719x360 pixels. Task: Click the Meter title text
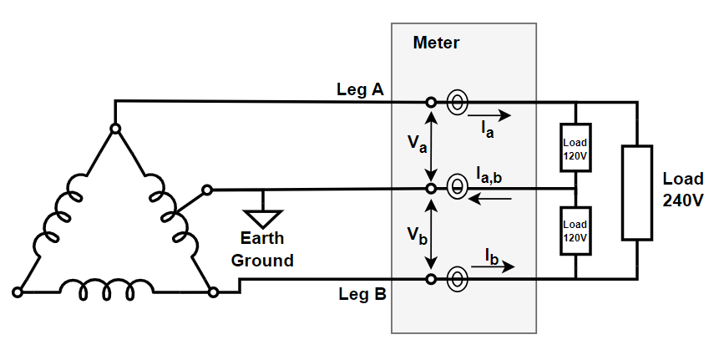(436, 43)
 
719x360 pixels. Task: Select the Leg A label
(360, 89)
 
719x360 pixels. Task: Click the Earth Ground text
(262, 249)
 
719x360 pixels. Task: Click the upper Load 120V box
(575, 149)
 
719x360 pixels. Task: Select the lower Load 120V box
(575, 230)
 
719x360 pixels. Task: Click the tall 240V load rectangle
(636, 193)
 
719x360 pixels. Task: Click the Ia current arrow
(488, 116)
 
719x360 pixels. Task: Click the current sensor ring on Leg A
(457, 102)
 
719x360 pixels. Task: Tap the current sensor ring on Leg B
(457, 278)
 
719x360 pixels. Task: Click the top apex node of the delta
(115, 129)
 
